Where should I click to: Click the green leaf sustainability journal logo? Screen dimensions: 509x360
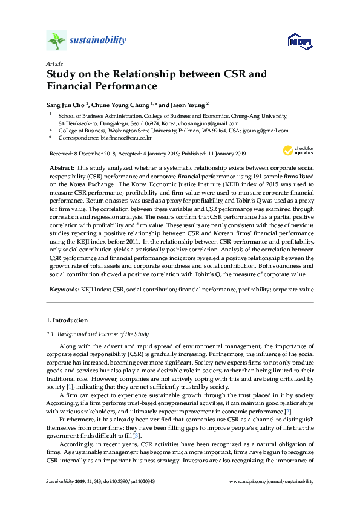coord(56,41)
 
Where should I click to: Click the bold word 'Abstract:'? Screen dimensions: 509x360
coord(62,166)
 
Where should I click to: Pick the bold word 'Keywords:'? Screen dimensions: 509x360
coord(64,290)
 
